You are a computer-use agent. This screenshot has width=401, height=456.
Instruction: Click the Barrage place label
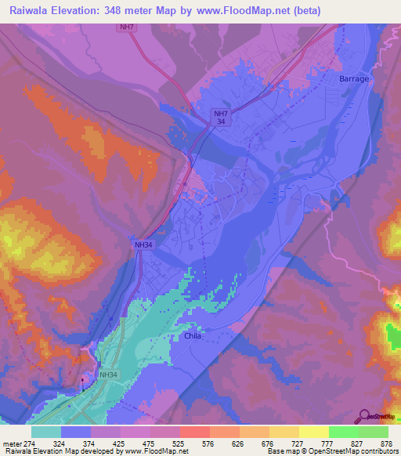click(354, 80)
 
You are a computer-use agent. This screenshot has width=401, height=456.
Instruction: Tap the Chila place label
click(193, 335)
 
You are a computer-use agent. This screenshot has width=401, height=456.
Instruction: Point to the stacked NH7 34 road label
click(222, 118)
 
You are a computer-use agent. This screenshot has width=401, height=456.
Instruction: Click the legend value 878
click(386, 443)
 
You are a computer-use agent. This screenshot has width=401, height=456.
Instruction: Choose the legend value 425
click(107, 443)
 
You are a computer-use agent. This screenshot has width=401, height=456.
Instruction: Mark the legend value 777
click(312, 443)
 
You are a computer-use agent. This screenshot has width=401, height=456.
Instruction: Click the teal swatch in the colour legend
click(46, 432)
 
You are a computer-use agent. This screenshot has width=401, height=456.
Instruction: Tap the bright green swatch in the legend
click(344, 432)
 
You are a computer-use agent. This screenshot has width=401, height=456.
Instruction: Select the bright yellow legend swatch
click(314, 432)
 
